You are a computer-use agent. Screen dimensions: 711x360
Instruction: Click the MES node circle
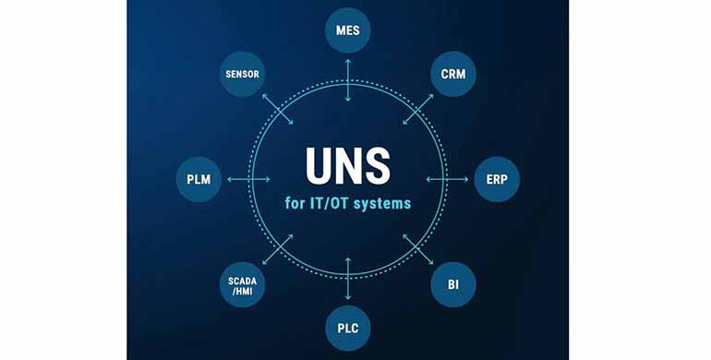[x=348, y=30]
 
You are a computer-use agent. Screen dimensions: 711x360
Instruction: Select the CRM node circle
[x=453, y=72]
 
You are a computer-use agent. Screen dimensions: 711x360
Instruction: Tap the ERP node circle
[x=497, y=178]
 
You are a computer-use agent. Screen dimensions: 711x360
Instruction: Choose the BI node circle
[x=453, y=284]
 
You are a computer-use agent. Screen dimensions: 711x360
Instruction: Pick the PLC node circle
[x=348, y=328]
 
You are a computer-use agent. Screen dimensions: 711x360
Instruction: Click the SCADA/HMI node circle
[x=243, y=284]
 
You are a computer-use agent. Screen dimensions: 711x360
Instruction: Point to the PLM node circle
[x=199, y=178]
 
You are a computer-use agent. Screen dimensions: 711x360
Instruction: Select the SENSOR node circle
[x=243, y=72]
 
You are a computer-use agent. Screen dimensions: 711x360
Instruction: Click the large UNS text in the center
[x=348, y=168]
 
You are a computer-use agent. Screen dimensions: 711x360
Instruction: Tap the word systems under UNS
[x=380, y=202]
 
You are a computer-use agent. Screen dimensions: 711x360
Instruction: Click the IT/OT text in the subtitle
[x=326, y=202]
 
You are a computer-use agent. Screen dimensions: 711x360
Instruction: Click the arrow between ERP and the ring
[x=448, y=178]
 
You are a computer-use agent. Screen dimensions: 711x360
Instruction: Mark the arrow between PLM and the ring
[x=248, y=178]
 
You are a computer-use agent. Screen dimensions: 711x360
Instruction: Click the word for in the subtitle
[x=295, y=202]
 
